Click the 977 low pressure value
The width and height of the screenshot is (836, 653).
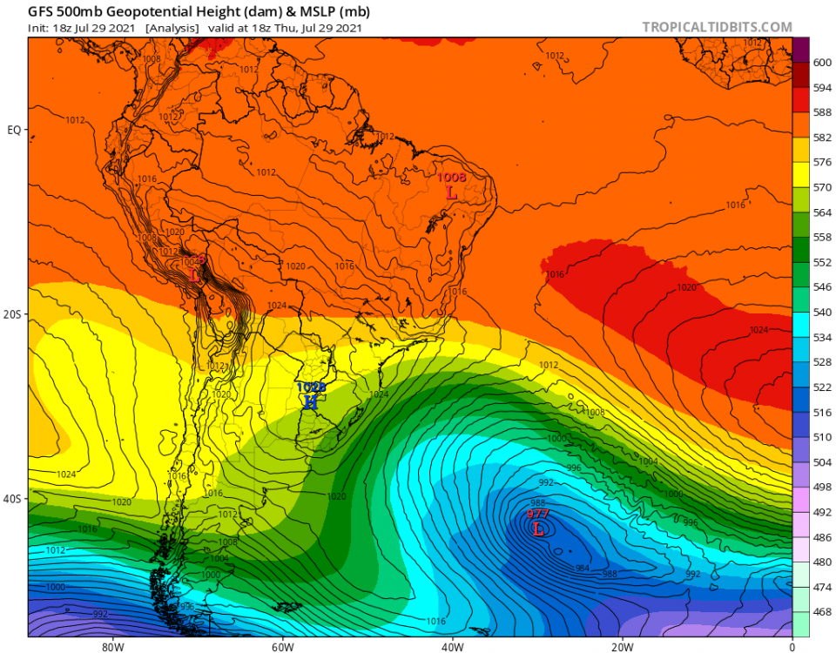(537, 515)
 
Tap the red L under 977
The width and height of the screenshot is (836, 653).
(538, 528)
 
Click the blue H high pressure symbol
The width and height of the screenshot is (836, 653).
(310, 401)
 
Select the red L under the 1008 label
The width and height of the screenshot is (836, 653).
(451, 192)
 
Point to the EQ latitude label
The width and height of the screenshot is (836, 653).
(14, 130)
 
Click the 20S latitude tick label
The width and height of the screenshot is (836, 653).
(13, 314)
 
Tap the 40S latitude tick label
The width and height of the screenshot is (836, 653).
(13, 499)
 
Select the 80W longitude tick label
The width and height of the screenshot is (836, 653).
(111, 646)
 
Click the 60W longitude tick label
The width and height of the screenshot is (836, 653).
(280, 646)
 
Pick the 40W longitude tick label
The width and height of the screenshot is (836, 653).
(451, 646)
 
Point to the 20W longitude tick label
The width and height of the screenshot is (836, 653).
(621, 646)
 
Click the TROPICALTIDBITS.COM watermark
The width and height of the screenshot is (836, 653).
(718, 27)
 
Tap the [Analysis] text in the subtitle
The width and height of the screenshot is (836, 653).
(172, 28)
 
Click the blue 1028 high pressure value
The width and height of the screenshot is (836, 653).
(311, 387)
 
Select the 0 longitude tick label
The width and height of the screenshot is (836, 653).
(792, 646)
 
